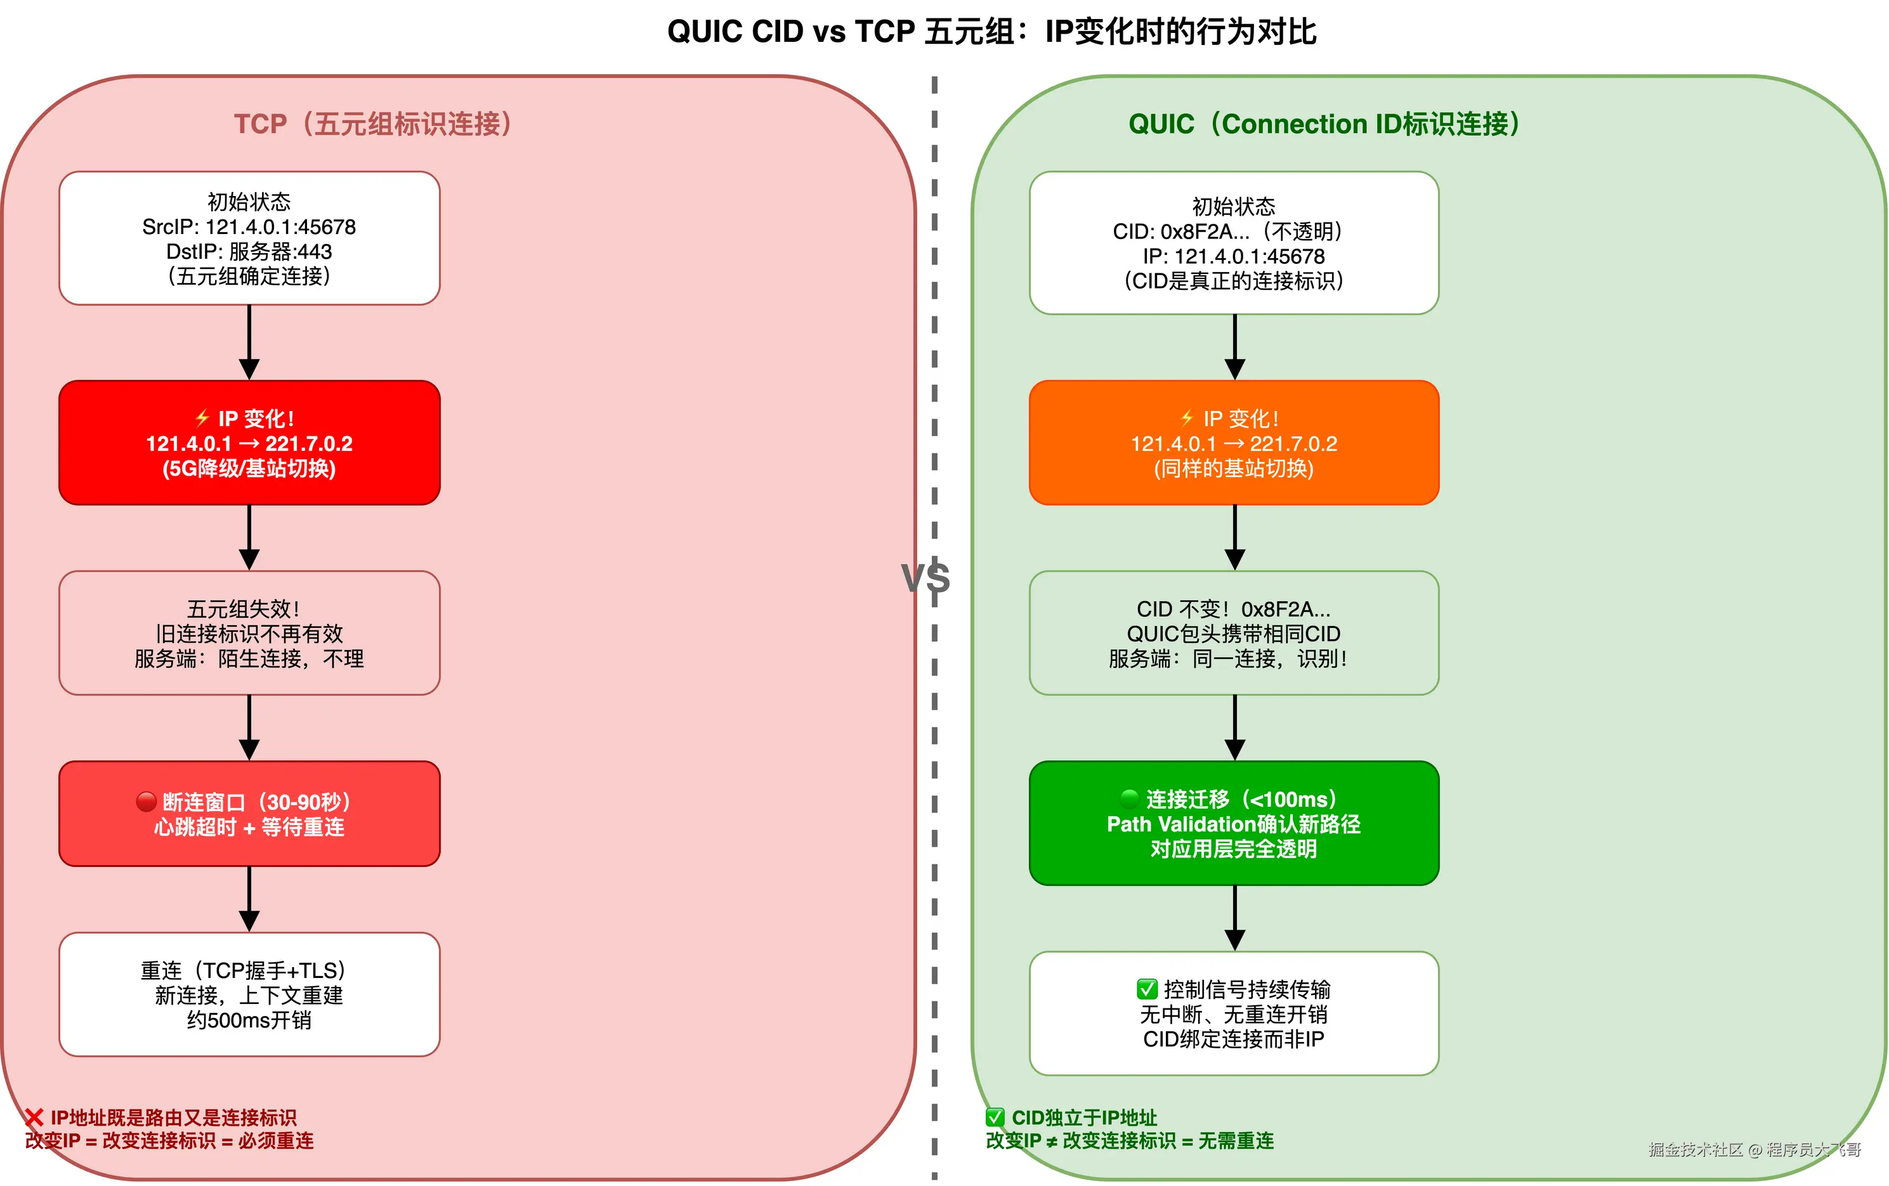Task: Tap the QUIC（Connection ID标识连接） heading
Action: tap(1324, 124)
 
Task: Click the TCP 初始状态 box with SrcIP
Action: tap(249, 238)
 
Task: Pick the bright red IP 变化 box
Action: tap(249, 443)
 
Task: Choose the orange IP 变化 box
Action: tap(1234, 443)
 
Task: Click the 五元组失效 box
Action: tap(249, 633)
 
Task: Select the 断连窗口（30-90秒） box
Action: tap(249, 814)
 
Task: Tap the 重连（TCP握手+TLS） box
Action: tap(249, 994)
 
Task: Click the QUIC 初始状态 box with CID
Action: tap(1234, 243)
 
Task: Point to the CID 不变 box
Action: tap(1234, 633)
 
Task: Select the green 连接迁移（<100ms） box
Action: tap(1234, 824)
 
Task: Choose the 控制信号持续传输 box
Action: tap(1234, 1013)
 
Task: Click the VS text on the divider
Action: tap(925, 579)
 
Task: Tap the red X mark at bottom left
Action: tap(34, 1117)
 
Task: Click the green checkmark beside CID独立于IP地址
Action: tap(995, 1117)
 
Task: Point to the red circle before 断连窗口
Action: tap(146, 801)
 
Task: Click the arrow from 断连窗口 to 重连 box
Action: tap(249, 899)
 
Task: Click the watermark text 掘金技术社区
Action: tap(1694, 1150)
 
